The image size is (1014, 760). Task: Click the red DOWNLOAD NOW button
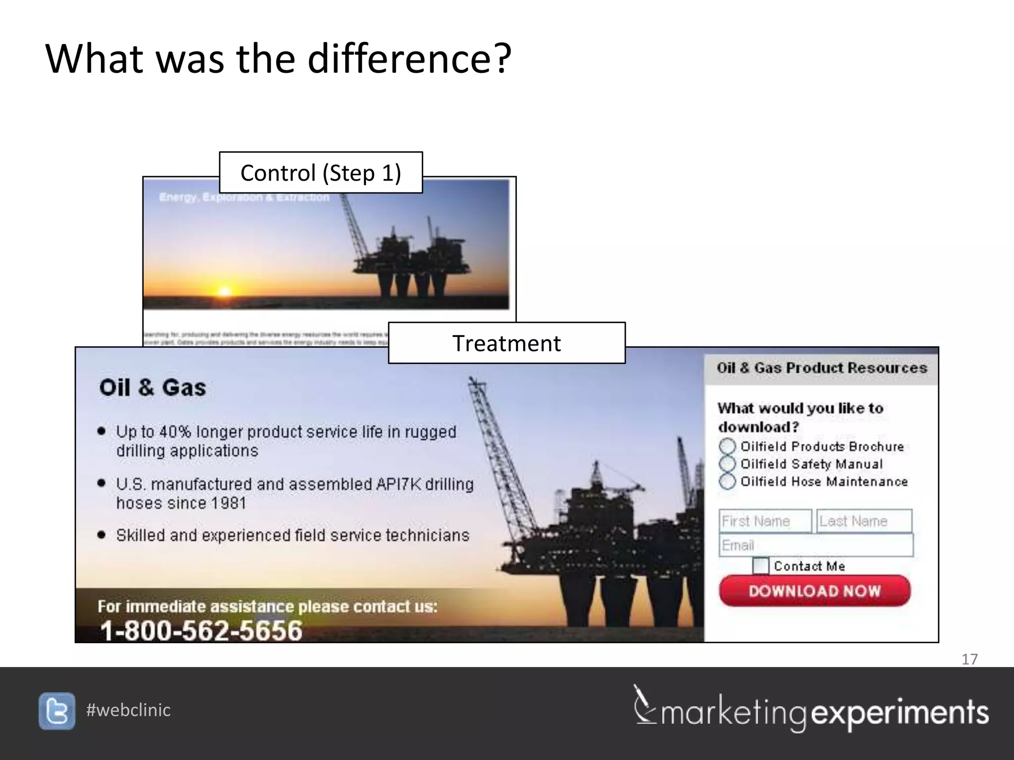[814, 591]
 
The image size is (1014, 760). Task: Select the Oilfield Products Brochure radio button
[727, 446]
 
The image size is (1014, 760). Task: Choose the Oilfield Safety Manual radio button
[727, 464]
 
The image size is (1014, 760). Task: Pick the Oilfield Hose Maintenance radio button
[727, 481]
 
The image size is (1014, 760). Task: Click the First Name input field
[765, 521]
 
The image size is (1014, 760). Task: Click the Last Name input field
[864, 521]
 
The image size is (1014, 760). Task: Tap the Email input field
[815, 545]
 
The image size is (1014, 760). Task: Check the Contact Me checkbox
[760, 566]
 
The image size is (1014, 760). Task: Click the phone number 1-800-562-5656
[201, 631]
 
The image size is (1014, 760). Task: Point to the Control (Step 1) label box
[321, 173]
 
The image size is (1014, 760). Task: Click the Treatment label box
[507, 343]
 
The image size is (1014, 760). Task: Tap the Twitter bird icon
[57, 711]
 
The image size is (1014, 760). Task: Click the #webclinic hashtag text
[128, 710]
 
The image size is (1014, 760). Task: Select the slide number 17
[969, 659]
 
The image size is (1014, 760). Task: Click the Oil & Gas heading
[152, 387]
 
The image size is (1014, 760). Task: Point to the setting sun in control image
[224, 292]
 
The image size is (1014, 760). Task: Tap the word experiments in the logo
[900, 713]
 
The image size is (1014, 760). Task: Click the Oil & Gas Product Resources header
[822, 368]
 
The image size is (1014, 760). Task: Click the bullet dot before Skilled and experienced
[101, 535]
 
